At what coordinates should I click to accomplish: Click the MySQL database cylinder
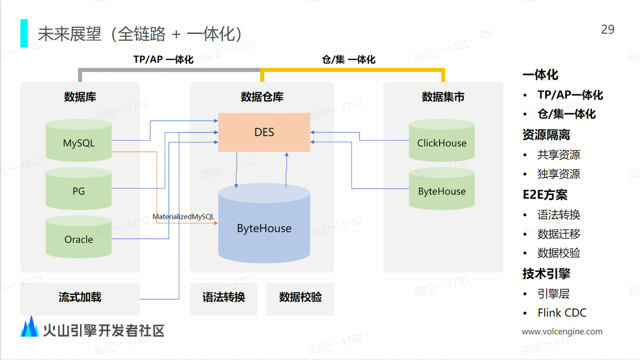[x=79, y=143]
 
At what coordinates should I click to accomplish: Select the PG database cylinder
[x=79, y=191]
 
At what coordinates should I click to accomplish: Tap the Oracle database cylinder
[x=79, y=239]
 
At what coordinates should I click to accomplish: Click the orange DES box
[x=264, y=132]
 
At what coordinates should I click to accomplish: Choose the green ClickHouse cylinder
[x=442, y=143]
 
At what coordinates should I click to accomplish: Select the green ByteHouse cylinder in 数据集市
[x=442, y=191]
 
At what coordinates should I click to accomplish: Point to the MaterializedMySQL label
[x=183, y=217]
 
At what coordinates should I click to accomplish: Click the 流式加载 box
[x=80, y=297]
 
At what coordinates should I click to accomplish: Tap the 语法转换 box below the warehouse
[x=224, y=297]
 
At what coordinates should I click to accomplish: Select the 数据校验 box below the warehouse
[x=300, y=297]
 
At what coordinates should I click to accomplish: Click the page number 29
[x=608, y=29]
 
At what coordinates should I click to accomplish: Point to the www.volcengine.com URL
[x=562, y=332]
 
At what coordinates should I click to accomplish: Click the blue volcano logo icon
[x=30, y=327]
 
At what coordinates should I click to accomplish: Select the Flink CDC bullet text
[x=562, y=313]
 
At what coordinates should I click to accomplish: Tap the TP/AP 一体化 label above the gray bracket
[x=163, y=60]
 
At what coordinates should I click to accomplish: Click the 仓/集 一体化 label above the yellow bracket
[x=348, y=60]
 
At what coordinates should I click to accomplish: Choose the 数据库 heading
[x=80, y=97]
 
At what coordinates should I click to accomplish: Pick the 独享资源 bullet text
[x=559, y=174]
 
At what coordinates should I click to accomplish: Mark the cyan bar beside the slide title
[x=24, y=33]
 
